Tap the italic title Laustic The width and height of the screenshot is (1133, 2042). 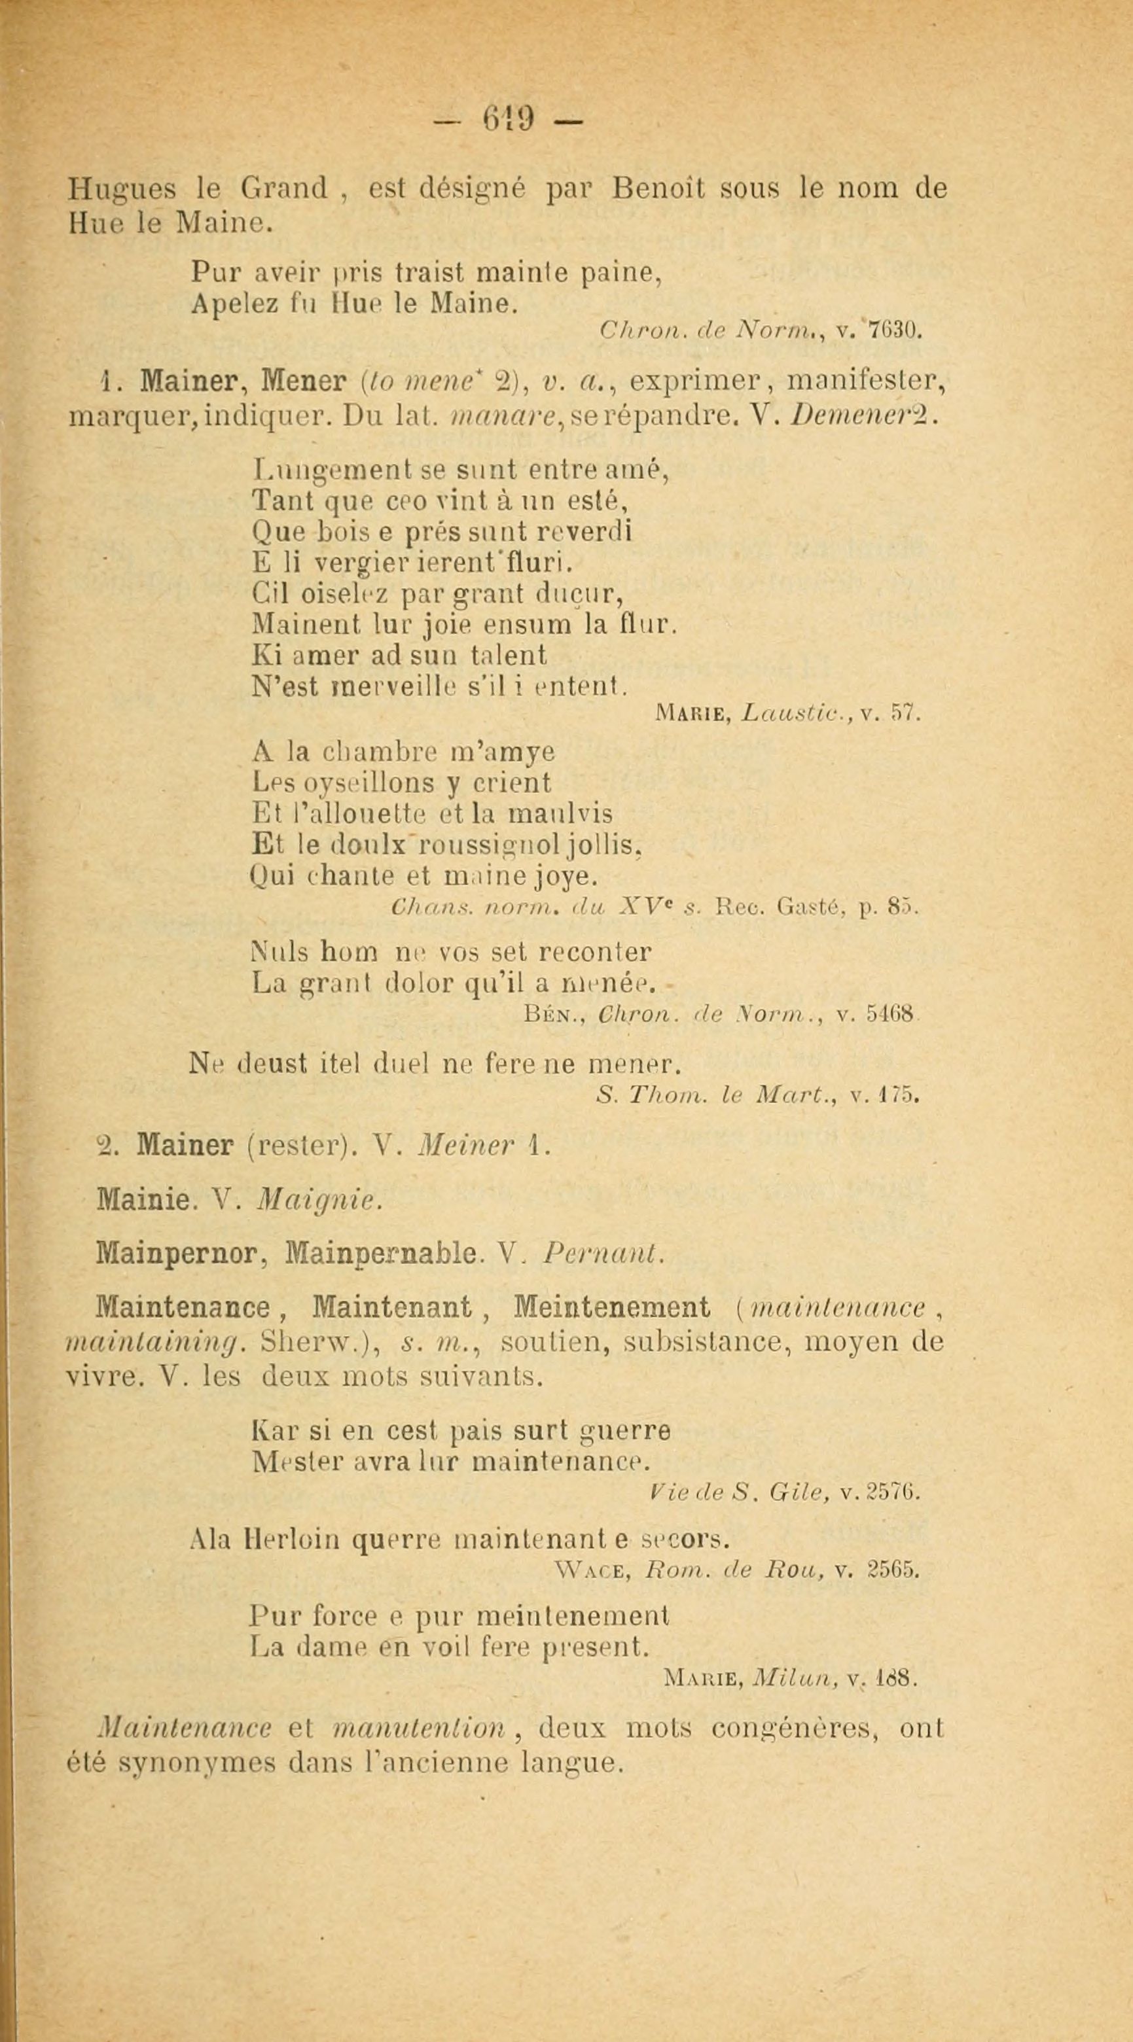click(x=789, y=713)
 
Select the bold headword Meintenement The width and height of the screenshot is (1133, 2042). click(x=611, y=1307)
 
